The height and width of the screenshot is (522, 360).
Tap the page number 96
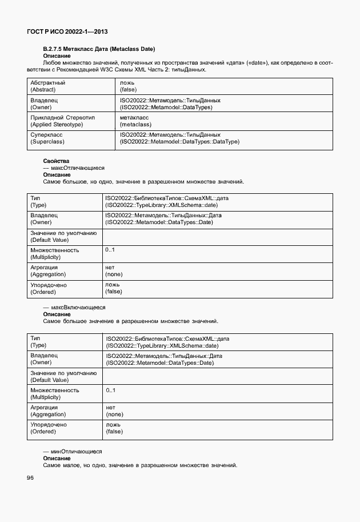(x=30, y=478)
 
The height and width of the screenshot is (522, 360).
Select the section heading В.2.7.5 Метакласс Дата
(x=99, y=49)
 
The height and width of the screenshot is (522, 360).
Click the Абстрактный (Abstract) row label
(x=47, y=86)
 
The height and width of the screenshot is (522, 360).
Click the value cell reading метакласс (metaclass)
(x=135, y=121)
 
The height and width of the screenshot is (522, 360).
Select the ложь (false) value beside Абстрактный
(x=129, y=86)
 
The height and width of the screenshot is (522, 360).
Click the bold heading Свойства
(x=56, y=161)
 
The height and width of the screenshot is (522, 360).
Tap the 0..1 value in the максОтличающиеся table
(x=110, y=250)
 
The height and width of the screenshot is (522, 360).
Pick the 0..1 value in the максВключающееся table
(x=111, y=390)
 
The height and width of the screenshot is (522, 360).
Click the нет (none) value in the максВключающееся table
(x=114, y=411)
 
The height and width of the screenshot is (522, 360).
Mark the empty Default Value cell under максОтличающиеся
(x=217, y=236)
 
